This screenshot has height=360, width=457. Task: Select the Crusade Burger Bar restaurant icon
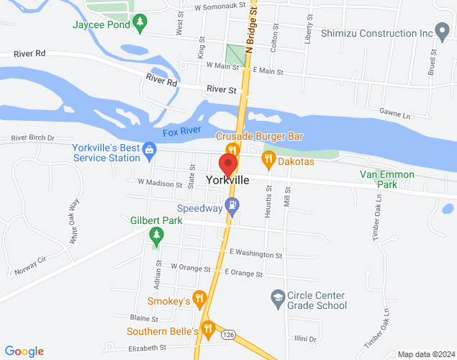pos(232,149)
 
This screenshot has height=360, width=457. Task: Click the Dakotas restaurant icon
pos(268,159)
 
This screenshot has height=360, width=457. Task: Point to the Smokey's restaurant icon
pos(199,297)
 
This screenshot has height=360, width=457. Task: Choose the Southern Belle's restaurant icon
pos(208,329)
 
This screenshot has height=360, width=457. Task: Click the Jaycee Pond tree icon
pos(140,22)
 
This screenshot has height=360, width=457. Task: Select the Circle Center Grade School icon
pos(277,297)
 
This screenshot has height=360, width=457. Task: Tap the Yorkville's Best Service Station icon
pos(149,150)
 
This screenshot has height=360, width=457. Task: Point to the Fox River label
pos(181,132)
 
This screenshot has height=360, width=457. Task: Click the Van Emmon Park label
pos(387,179)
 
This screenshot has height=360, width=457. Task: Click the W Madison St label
pos(155,184)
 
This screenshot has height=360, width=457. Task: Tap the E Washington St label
pos(255,254)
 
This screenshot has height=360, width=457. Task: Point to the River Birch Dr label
pos(33,138)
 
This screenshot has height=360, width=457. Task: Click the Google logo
pos(24,351)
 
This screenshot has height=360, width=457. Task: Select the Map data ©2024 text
pos(425,354)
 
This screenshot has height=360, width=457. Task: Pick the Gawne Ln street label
pos(395,115)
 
